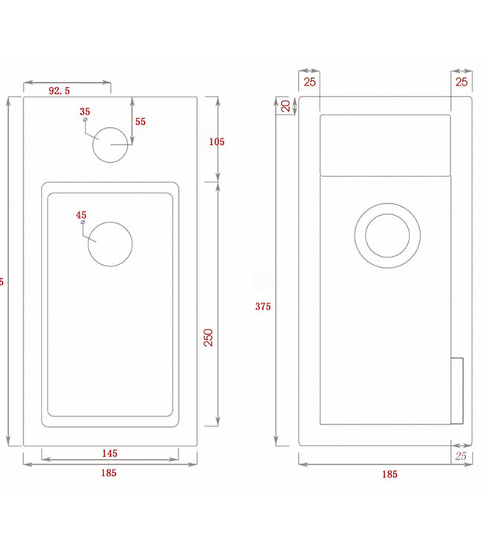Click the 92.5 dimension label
(x=59, y=91)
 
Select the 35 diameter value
(x=85, y=111)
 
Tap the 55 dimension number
(x=140, y=121)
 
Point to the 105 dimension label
(x=216, y=141)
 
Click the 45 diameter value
(x=82, y=215)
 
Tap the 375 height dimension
(x=262, y=306)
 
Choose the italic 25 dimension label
(x=460, y=455)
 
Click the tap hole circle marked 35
(x=111, y=143)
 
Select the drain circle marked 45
(x=110, y=243)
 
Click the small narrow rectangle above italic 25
(x=457, y=391)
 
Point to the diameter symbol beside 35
(x=86, y=119)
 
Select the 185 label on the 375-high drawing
(x=389, y=473)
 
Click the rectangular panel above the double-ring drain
(x=386, y=144)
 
